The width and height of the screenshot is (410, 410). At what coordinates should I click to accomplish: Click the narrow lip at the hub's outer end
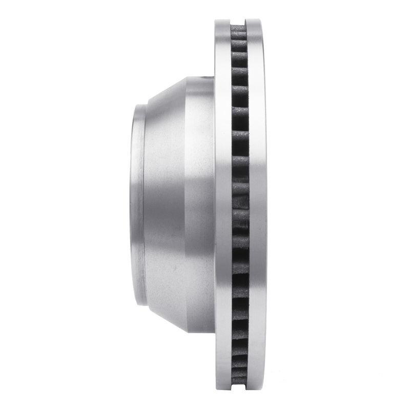[x=137, y=205]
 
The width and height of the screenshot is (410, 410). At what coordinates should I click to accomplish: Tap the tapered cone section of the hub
[x=164, y=205]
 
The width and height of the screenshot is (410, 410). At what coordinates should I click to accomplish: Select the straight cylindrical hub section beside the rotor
[x=200, y=205]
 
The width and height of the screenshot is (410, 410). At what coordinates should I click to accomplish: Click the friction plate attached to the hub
[x=223, y=205]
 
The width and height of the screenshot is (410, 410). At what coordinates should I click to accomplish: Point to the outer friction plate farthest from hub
[x=256, y=205]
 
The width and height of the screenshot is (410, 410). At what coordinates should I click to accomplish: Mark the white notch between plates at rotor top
[x=239, y=22]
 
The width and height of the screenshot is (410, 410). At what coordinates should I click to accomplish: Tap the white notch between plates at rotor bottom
[x=239, y=388]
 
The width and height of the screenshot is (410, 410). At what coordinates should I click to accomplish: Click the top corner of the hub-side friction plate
[x=217, y=22]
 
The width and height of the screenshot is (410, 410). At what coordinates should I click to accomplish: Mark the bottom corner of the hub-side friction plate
[x=217, y=388]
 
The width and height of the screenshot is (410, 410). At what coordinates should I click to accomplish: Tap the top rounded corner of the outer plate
[x=262, y=23]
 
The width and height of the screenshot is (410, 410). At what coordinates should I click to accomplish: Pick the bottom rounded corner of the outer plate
[x=262, y=387]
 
